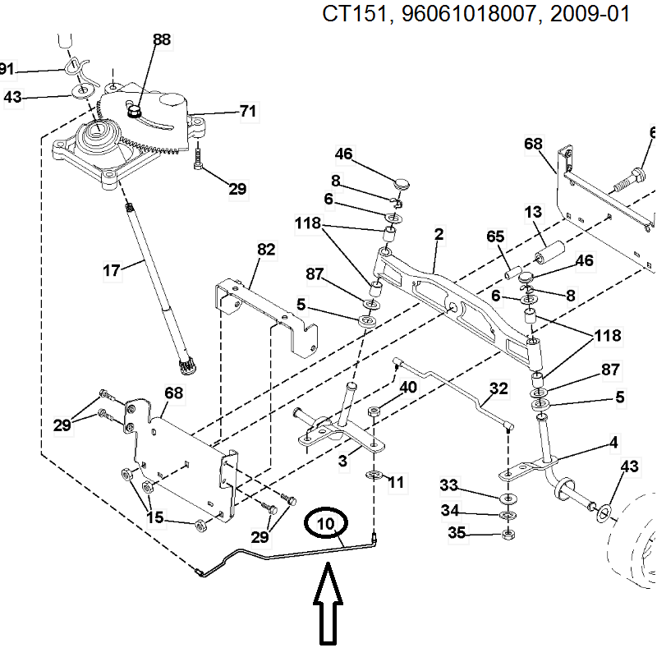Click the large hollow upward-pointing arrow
click(327, 603)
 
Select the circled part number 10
click(327, 523)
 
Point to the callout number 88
click(162, 39)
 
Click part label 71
click(247, 112)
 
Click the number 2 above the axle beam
click(439, 235)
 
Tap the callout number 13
click(534, 213)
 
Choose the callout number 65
click(495, 237)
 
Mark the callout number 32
click(498, 388)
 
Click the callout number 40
click(407, 387)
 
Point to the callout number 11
click(396, 483)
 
